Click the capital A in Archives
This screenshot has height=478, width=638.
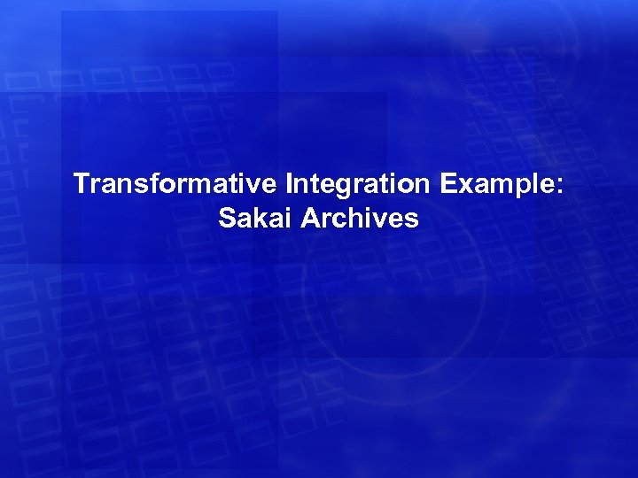(312, 217)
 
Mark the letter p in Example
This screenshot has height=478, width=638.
(517, 189)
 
